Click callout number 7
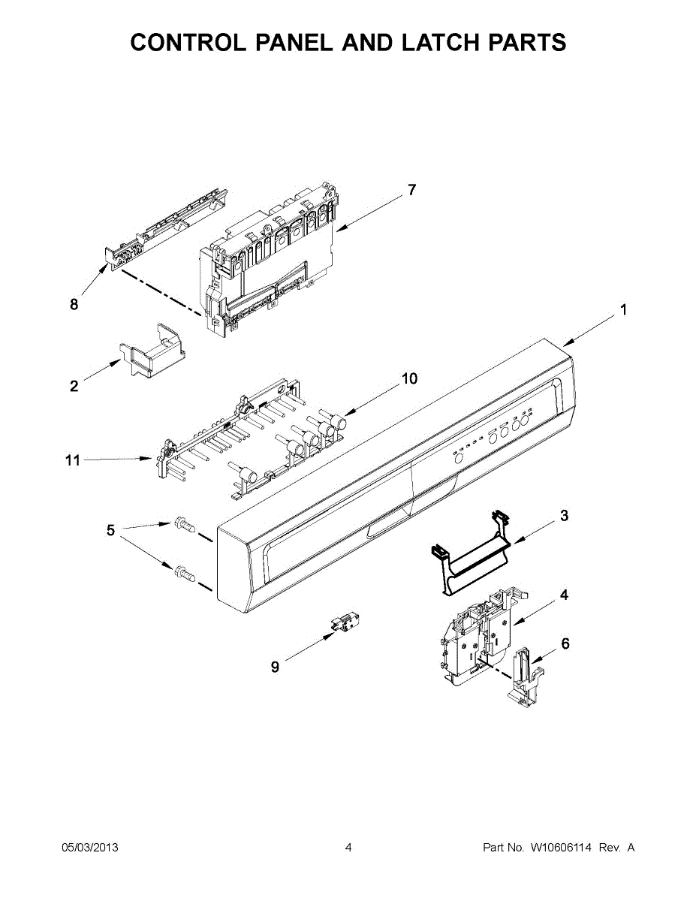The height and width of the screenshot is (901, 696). [x=411, y=191]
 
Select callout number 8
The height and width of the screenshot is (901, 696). [x=74, y=304]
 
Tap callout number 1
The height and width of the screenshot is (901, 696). [x=623, y=309]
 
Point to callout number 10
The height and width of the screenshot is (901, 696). [x=409, y=379]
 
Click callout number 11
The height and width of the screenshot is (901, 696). [x=72, y=460]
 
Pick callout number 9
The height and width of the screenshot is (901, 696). [x=275, y=667]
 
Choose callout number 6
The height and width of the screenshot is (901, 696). [x=565, y=643]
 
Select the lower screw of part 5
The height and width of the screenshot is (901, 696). [x=182, y=575]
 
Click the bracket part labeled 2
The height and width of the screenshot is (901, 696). [x=154, y=350]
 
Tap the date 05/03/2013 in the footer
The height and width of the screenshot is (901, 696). [x=89, y=848]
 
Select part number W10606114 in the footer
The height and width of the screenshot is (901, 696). [x=562, y=848]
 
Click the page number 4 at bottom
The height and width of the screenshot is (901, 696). [x=348, y=848]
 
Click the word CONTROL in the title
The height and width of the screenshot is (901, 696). [x=188, y=43]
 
